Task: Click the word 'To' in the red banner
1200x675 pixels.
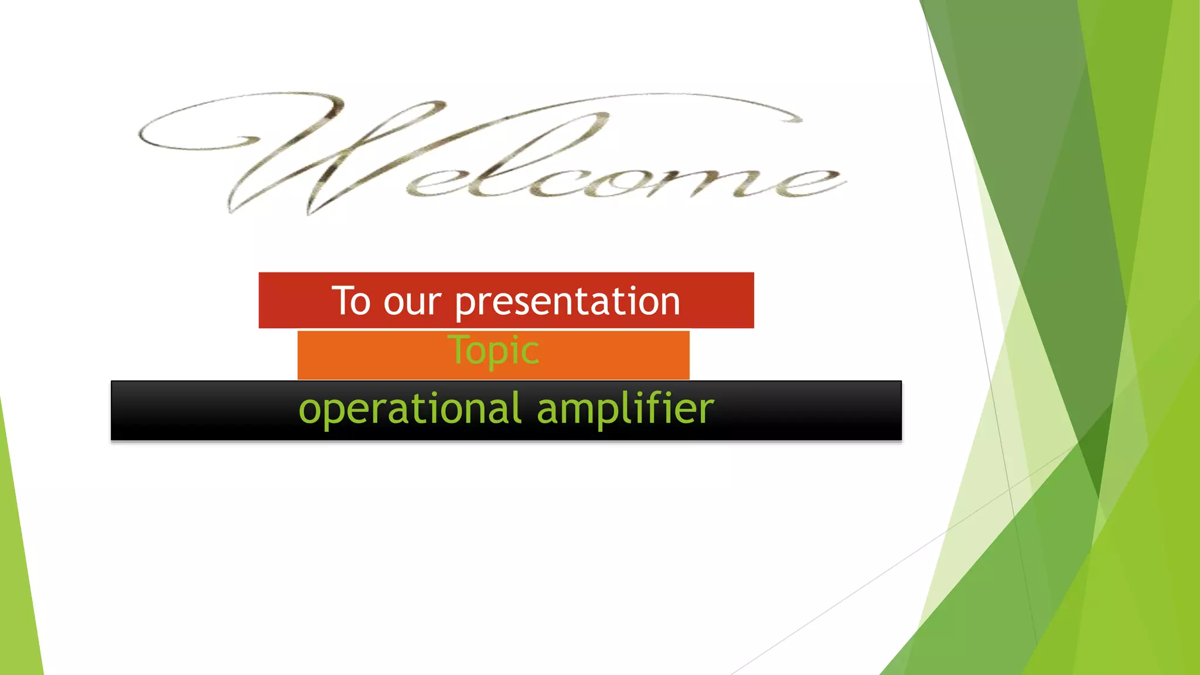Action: [351, 302]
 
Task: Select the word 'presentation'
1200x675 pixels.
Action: [567, 304]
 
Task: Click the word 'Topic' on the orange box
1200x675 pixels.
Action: [493, 351]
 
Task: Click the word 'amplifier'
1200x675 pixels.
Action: [625, 410]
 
